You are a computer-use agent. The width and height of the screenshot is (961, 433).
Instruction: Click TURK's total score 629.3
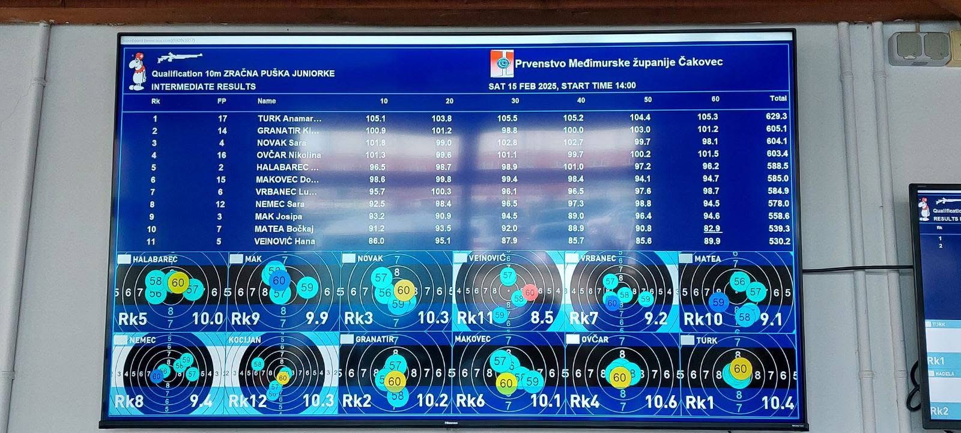[x=777, y=117]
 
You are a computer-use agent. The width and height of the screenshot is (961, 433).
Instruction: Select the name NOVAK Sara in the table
[x=282, y=143]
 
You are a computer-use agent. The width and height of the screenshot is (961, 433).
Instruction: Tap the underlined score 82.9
[x=712, y=228]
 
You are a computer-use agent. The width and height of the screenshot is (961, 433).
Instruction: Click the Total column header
[x=778, y=98]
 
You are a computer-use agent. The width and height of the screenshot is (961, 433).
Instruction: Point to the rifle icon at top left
[x=179, y=58]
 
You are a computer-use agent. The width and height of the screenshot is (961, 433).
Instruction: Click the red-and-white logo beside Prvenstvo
[x=502, y=64]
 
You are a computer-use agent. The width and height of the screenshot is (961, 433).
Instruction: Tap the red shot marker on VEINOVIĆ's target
[x=529, y=292]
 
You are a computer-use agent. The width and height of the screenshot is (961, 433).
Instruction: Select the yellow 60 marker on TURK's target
[x=740, y=369]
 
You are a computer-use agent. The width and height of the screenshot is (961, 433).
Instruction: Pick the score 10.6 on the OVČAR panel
[x=660, y=401]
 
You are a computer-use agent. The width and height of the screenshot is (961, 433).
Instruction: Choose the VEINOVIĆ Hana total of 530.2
[x=779, y=241]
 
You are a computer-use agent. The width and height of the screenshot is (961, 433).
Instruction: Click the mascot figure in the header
[x=138, y=71]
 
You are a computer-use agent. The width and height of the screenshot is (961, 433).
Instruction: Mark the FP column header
[x=222, y=101]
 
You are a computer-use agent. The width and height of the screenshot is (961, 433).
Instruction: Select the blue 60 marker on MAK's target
[x=279, y=280]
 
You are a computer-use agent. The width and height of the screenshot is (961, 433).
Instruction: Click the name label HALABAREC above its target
[x=155, y=259]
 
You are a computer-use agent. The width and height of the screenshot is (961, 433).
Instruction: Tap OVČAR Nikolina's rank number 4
[x=154, y=155]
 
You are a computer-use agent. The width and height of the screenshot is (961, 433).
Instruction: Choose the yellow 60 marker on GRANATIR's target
[x=394, y=381]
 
